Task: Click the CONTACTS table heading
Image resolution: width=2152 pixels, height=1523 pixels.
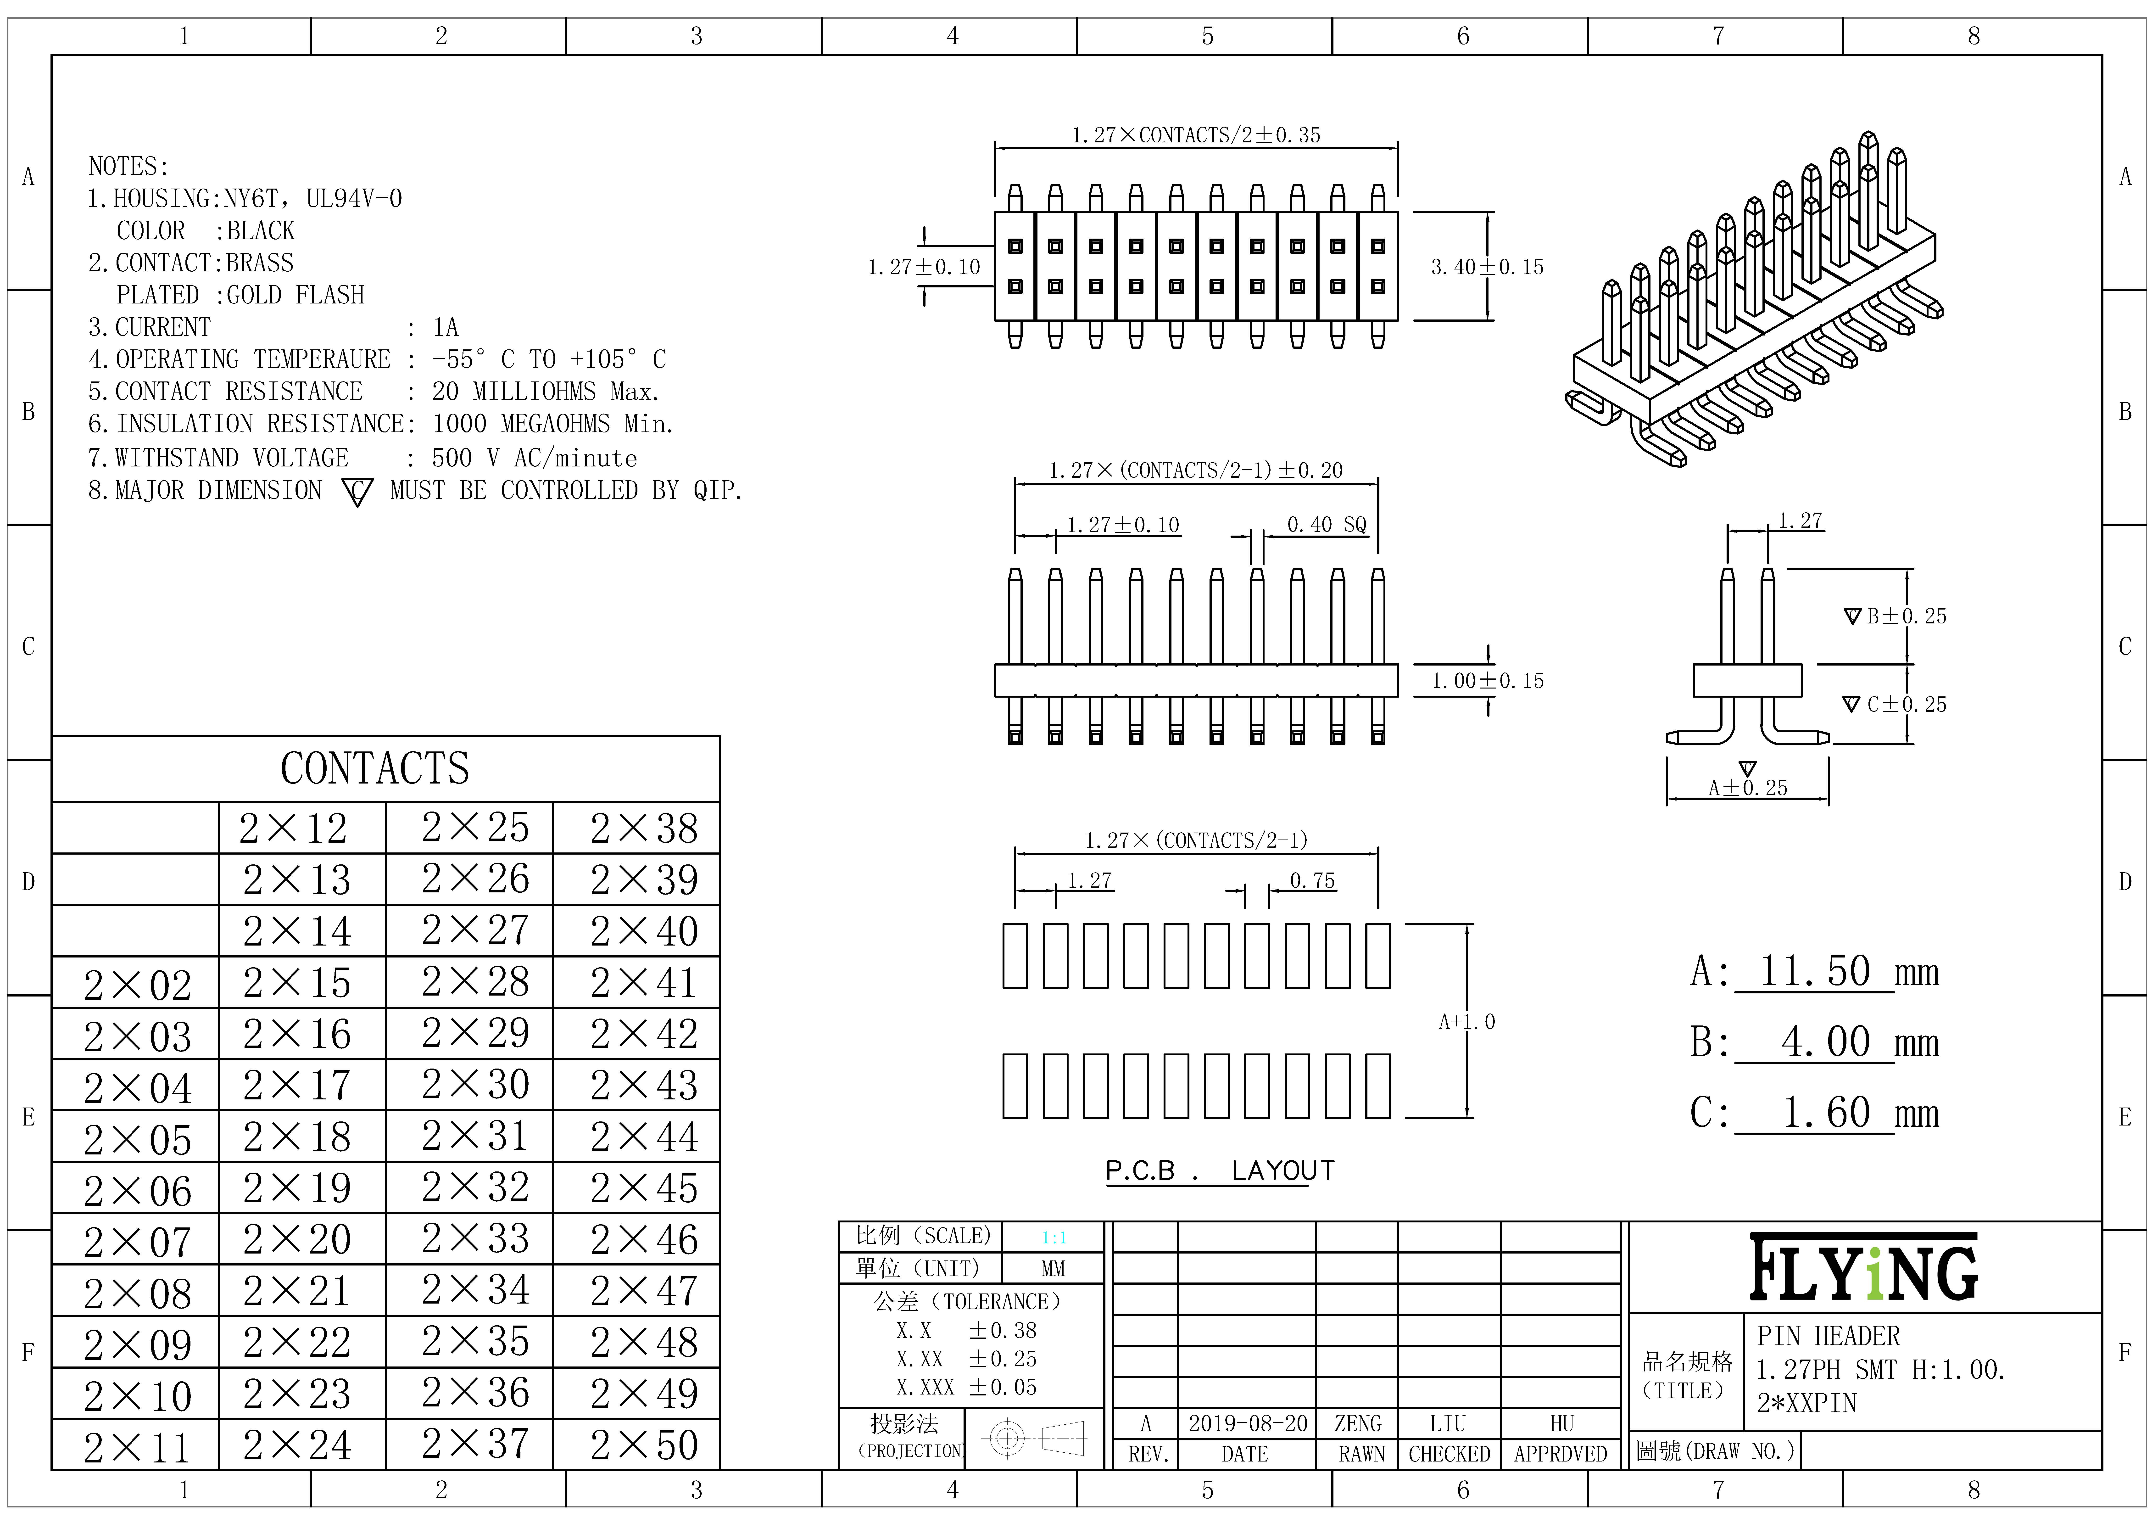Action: [x=375, y=768]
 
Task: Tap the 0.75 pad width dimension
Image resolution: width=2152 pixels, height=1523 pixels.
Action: [x=1312, y=881]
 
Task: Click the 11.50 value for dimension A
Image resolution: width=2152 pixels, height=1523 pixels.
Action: [x=1814, y=971]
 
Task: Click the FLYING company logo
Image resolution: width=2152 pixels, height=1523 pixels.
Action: [x=1864, y=1267]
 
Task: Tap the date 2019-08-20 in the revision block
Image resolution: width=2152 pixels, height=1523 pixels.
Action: [x=1247, y=1424]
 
